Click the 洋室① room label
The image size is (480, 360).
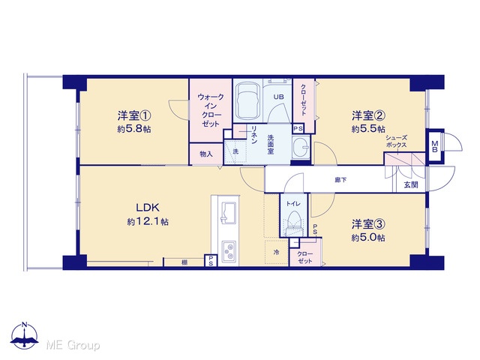tap(134, 116)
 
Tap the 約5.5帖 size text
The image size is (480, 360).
tap(368, 129)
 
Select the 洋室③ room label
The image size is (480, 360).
tap(368, 224)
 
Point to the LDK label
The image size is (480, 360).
tap(148, 208)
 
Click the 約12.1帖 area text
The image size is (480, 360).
tap(148, 221)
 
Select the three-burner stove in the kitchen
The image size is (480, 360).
tap(229, 251)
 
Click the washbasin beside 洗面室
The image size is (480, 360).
tap(301, 148)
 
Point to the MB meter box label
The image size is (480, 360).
tap(435, 145)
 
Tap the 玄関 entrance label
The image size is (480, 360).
tap(411, 185)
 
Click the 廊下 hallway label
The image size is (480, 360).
tap(340, 180)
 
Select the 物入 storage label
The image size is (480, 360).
tap(206, 154)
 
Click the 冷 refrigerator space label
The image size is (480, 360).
tap(277, 252)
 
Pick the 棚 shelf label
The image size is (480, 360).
tap(184, 262)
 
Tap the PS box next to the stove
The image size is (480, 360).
tap(211, 260)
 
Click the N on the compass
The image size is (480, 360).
tap(25, 325)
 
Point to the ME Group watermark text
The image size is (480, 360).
tap(73, 345)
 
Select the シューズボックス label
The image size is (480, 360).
tap(396, 142)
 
